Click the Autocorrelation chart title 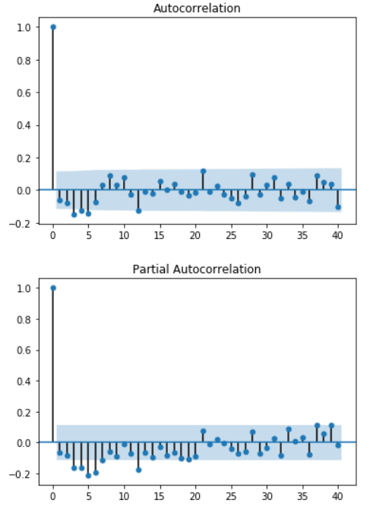(197, 8)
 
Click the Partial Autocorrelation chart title (197, 269)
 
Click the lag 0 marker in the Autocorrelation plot (53, 27)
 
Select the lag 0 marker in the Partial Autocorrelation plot (53, 288)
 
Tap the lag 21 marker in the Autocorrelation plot (203, 171)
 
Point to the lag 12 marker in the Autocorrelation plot (138, 211)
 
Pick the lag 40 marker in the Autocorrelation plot (338, 207)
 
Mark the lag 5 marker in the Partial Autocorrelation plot (89, 476)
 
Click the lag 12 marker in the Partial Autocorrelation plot (138, 470)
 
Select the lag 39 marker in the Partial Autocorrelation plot (331, 426)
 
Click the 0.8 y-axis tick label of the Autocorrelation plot (24, 61)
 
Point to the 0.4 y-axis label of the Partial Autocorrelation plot (24, 382)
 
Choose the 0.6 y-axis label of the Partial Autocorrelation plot (24, 350)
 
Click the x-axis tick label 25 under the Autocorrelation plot (231, 236)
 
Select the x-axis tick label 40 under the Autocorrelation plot (337, 236)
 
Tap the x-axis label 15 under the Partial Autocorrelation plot (160, 496)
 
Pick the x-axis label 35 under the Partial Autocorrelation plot (302, 496)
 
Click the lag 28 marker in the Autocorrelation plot (253, 175)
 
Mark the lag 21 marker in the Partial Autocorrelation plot (203, 431)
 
